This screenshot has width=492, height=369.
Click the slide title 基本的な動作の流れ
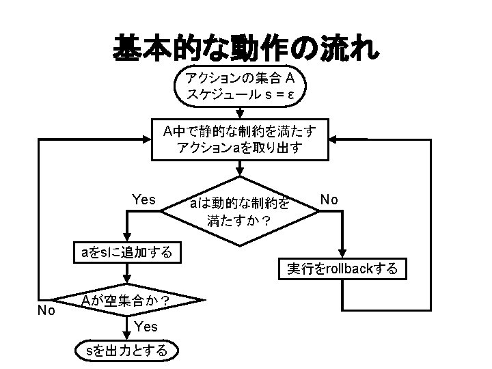coord(246,49)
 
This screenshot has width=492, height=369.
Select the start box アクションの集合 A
coord(240,86)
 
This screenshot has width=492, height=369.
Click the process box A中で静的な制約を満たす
coord(240,139)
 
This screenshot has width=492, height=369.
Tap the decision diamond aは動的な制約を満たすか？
coord(240,211)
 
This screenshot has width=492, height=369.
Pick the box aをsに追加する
coord(127,252)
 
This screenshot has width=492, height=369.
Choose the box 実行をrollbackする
coord(342,269)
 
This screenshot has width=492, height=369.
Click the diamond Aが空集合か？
coord(127,300)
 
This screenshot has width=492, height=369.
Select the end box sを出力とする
coord(127,351)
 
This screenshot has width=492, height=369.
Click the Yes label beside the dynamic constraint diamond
coord(143,200)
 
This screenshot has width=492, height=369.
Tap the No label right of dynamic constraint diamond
coord(329,200)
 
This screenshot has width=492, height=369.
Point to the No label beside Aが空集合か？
coord(46,310)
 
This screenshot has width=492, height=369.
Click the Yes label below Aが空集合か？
coord(146,327)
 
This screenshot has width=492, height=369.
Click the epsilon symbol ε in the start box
coord(290,95)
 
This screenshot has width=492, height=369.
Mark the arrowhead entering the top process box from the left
coord(147,139)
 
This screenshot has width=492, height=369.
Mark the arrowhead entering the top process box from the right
coord(333,139)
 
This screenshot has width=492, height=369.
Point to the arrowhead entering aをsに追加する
coord(127,237)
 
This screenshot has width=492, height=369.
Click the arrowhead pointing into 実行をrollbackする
coord(342,254)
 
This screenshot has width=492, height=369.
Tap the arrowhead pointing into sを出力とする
coord(127,336)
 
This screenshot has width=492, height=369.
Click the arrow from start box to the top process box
coord(240,113)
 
